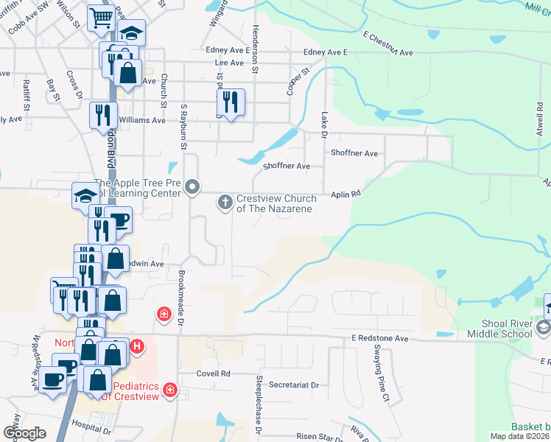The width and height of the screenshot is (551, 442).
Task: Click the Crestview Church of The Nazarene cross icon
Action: point(225,201)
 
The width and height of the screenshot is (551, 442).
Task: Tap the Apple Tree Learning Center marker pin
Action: point(192,187)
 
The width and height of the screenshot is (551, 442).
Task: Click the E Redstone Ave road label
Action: point(379,338)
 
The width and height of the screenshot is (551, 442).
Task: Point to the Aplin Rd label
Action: point(345,194)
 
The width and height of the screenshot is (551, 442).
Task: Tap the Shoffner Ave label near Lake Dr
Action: point(354,153)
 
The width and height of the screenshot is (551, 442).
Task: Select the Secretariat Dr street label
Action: point(293,385)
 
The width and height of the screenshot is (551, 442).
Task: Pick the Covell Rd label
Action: point(214,373)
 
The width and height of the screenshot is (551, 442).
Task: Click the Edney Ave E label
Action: point(325,52)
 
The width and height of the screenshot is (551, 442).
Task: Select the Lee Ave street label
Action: point(229,63)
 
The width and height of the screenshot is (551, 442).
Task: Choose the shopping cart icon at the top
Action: point(99,18)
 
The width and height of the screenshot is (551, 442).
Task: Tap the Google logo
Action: point(25,432)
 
